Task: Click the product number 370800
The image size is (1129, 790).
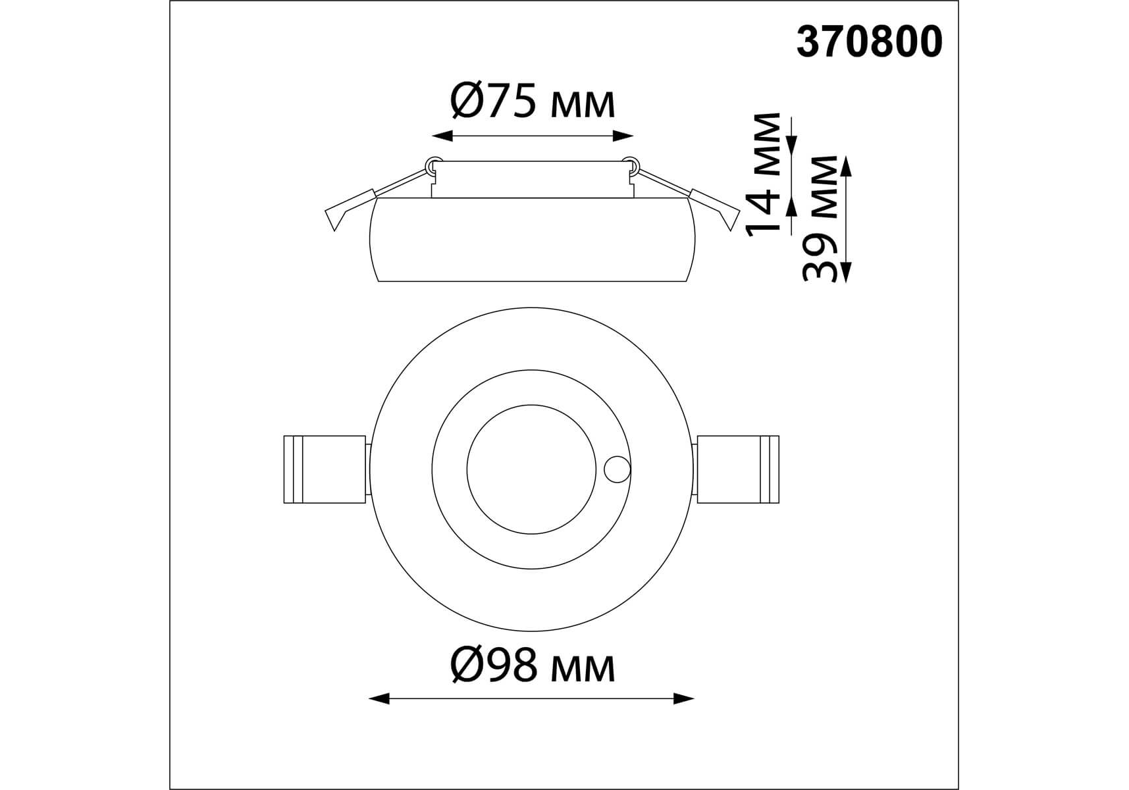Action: click(x=869, y=43)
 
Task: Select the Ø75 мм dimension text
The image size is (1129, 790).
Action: click(x=533, y=103)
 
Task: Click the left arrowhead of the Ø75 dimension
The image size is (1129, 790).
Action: click(x=442, y=136)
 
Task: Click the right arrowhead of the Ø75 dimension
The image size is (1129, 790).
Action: click(x=623, y=136)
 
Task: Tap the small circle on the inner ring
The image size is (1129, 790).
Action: click(x=617, y=470)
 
